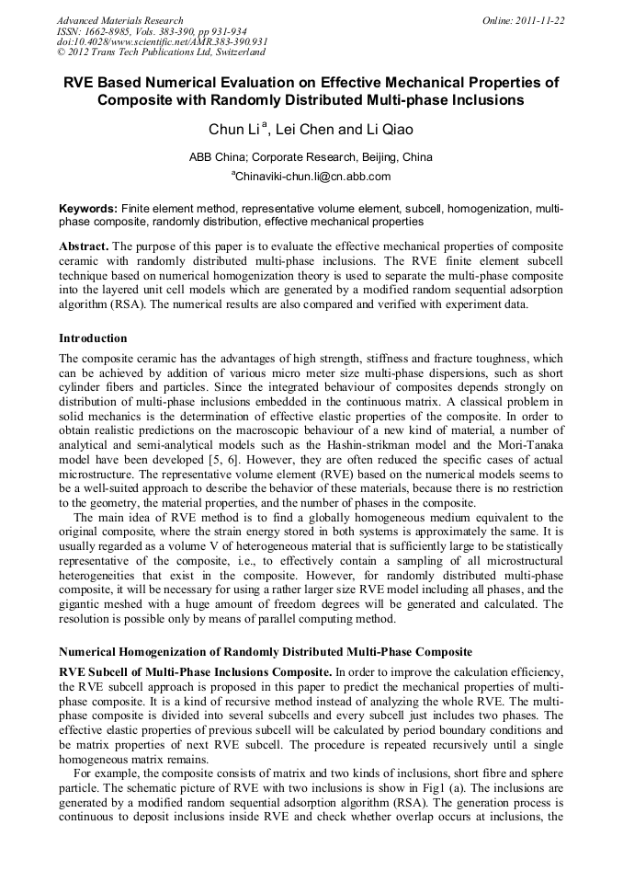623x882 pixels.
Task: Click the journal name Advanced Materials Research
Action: click(x=120, y=20)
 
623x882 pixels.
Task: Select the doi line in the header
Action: click(x=162, y=42)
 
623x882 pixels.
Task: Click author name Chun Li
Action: click(x=236, y=130)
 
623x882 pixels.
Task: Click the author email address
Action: click(x=312, y=177)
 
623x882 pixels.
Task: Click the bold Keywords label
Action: click(x=87, y=210)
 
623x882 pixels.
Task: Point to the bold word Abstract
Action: click(x=84, y=247)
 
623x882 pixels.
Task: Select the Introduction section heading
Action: click(x=93, y=338)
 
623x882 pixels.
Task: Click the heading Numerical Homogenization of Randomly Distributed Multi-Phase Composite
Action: click(x=266, y=651)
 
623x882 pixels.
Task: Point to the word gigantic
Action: click(x=83, y=604)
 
